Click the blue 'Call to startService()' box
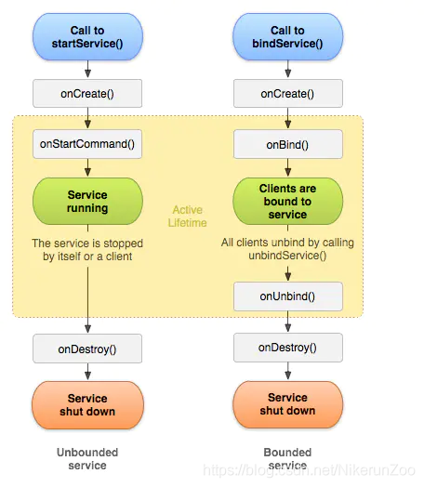click(87, 36)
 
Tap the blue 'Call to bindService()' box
click(287, 36)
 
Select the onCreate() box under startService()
click(87, 94)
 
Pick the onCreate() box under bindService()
click(288, 94)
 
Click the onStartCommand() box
click(87, 144)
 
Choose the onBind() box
click(288, 144)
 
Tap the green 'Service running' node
click(87, 202)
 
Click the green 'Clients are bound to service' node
click(287, 202)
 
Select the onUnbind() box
click(288, 296)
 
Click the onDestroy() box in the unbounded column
click(87, 349)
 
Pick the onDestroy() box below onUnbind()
click(288, 348)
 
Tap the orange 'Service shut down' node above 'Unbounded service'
click(87, 405)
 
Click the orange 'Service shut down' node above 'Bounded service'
click(287, 404)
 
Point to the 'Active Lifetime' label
click(187, 217)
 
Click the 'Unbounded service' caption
click(87, 459)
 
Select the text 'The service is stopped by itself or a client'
click(87, 250)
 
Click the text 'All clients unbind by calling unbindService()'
click(287, 249)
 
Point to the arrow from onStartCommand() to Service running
click(88, 167)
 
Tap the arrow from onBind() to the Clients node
click(288, 167)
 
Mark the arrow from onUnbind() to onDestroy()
click(288, 322)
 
